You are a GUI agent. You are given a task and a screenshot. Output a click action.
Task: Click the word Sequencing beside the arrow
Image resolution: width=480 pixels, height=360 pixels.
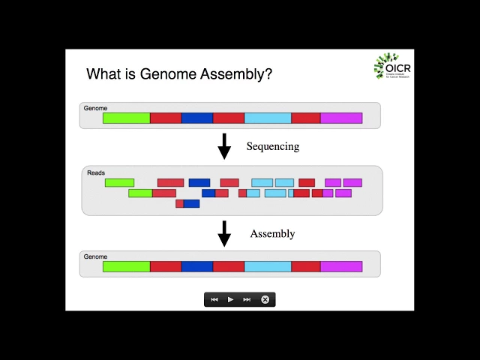click(x=272, y=146)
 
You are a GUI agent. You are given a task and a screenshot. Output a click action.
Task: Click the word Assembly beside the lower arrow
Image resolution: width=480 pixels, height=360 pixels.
click(x=272, y=233)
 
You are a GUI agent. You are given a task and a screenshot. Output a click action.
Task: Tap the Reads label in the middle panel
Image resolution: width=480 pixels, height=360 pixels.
click(x=96, y=173)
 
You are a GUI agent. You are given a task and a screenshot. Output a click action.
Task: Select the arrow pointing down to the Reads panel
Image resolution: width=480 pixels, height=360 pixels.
click(x=224, y=146)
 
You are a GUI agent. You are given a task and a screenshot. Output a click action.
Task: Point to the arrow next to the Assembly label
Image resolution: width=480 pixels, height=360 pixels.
click(x=224, y=233)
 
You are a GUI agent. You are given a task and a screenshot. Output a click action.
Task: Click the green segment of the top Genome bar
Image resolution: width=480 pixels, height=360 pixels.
click(x=126, y=118)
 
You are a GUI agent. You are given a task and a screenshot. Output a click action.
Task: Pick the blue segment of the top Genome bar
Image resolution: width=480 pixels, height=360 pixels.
click(x=197, y=118)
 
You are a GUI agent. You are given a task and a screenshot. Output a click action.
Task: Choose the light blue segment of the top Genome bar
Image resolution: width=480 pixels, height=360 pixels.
click(x=268, y=118)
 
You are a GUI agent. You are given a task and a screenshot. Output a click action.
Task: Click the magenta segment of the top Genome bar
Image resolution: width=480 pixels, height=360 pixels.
click(x=341, y=118)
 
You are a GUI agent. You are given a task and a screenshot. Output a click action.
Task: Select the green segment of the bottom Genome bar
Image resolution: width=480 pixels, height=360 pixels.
click(x=126, y=266)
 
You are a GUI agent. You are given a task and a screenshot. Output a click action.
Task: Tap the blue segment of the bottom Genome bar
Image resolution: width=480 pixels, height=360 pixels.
click(x=197, y=266)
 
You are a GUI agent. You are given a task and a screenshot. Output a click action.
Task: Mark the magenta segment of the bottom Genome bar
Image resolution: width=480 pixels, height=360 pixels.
click(x=341, y=266)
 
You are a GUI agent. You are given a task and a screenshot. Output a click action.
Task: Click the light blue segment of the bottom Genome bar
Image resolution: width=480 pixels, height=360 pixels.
click(x=268, y=266)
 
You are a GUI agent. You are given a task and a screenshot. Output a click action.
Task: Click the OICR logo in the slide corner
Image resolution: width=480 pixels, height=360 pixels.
click(x=391, y=67)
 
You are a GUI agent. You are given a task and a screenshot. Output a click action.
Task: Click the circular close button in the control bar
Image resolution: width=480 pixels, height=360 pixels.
click(x=265, y=299)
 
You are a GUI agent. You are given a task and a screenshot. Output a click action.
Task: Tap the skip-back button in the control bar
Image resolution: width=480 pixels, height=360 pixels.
click(x=214, y=299)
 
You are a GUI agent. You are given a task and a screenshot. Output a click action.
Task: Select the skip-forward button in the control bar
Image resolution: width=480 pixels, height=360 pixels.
click(x=247, y=299)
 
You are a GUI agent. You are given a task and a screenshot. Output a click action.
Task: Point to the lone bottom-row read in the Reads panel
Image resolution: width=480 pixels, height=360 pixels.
click(x=187, y=203)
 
